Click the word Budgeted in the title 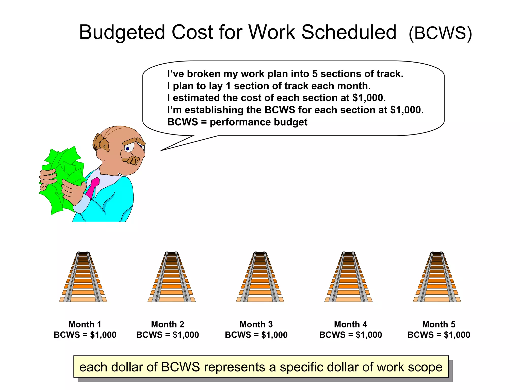coord(122,33)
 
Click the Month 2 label coord(167,324)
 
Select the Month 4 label coord(350,324)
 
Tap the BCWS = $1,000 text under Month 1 coord(85,335)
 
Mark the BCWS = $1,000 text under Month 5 coord(438,335)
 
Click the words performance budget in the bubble coord(258,122)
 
